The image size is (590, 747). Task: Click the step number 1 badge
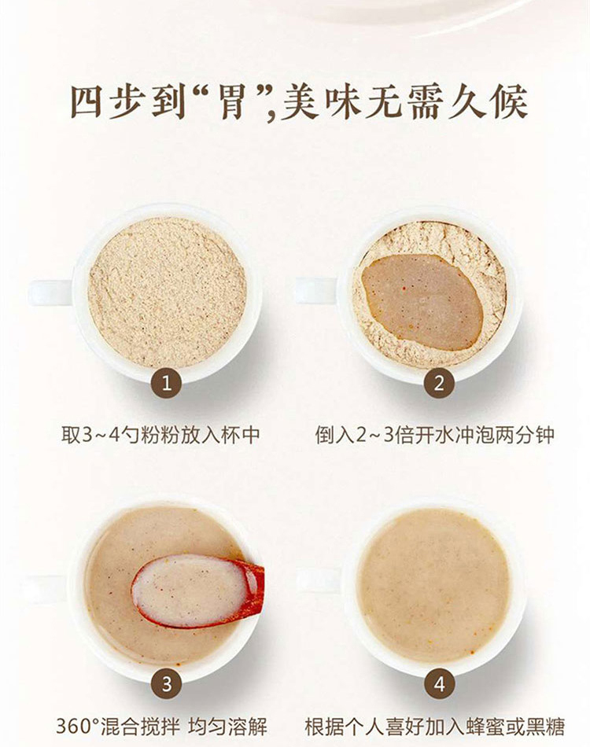(x=166, y=382)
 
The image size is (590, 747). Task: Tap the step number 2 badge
(x=439, y=382)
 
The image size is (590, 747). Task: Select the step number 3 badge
(x=166, y=683)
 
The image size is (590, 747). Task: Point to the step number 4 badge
(x=439, y=683)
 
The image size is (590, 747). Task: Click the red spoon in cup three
(x=197, y=591)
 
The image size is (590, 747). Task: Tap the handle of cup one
(x=50, y=293)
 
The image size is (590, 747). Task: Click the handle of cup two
(x=316, y=291)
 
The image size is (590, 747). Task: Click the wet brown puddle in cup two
(x=422, y=302)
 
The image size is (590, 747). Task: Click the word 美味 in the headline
(x=321, y=101)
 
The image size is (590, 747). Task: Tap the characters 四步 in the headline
(x=109, y=101)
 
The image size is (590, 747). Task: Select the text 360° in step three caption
(x=77, y=727)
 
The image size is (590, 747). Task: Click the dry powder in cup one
(x=168, y=293)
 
